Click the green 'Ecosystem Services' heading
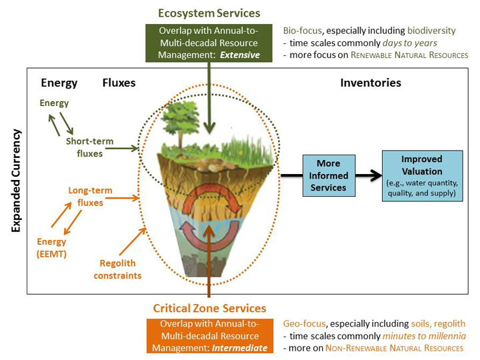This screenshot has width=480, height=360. (209, 13)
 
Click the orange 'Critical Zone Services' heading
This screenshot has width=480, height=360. (209, 308)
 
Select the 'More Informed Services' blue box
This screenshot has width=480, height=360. (328, 175)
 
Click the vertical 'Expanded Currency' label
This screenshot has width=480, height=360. (16, 181)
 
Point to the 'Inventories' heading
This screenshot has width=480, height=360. (371, 83)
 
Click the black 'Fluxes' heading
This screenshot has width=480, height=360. (119, 83)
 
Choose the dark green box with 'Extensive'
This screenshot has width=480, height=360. (209, 43)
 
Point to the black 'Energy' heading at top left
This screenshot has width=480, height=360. (59, 83)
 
